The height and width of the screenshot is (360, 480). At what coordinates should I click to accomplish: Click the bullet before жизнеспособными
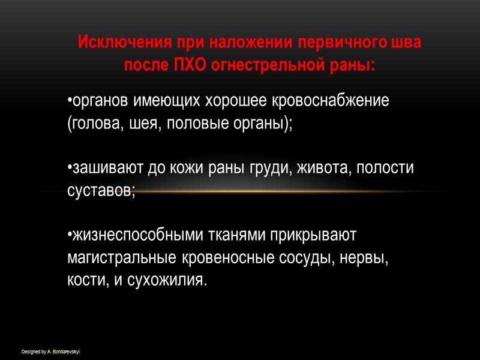coord(69,235)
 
